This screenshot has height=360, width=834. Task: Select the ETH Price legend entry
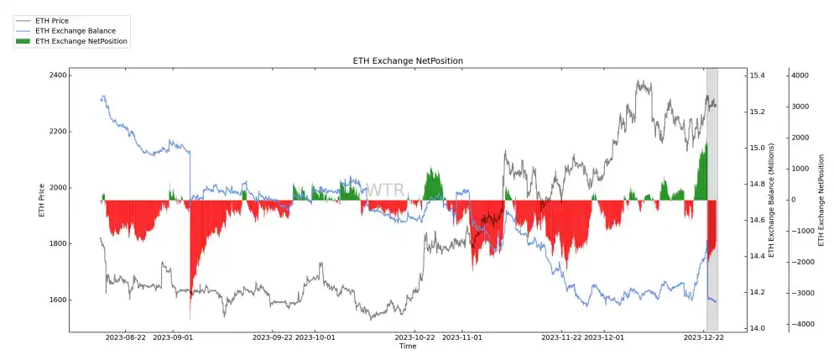(53, 20)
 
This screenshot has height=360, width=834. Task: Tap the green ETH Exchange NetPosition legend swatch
(23, 40)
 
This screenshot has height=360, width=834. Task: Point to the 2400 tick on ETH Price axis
(58, 76)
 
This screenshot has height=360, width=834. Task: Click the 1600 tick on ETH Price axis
(58, 300)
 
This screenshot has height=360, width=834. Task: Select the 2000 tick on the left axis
(58, 188)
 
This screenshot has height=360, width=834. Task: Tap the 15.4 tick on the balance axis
(757, 76)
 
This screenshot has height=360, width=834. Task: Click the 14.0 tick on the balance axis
(757, 328)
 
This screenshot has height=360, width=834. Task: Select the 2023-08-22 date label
(125, 337)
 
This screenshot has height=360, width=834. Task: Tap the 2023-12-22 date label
(704, 337)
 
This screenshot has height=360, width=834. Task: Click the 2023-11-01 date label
(461, 337)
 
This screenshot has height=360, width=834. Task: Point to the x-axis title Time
(408, 346)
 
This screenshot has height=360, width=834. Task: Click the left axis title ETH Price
(42, 201)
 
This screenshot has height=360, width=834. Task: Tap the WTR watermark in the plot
(385, 190)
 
